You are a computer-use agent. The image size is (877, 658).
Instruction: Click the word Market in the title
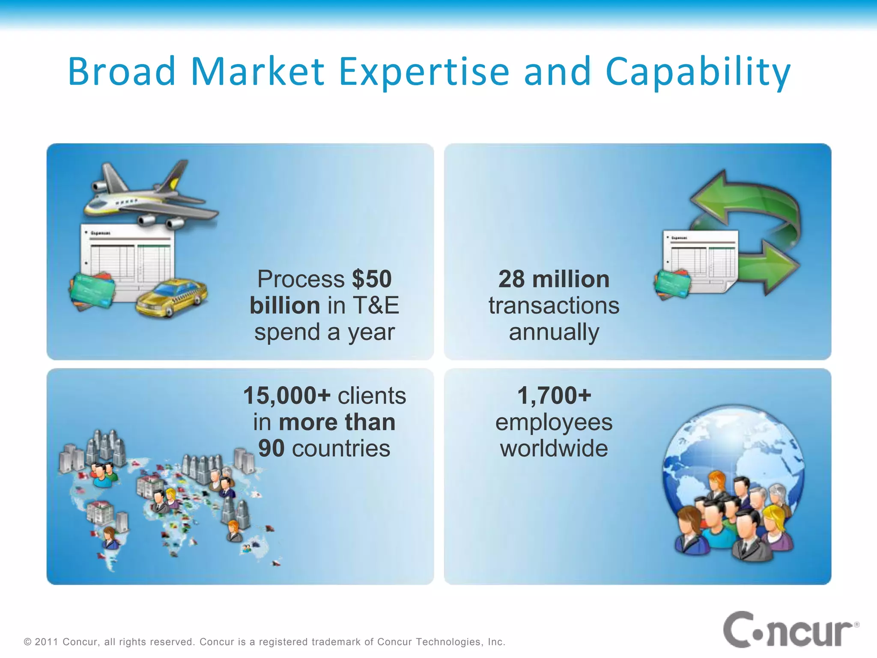[257, 72]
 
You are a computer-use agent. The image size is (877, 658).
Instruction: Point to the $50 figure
[372, 279]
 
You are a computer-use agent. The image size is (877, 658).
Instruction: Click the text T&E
[376, 305]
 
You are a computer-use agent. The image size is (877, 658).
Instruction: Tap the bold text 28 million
[554, 279]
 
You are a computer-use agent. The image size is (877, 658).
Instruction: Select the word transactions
[554, 306]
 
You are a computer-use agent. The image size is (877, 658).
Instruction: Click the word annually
[554, 332]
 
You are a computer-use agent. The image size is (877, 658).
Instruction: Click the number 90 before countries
[271, 449]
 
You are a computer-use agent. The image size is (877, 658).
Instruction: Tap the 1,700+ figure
[554, 395]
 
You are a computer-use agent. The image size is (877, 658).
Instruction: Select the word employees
[554, 422]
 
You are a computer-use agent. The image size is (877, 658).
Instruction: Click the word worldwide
[554, 449]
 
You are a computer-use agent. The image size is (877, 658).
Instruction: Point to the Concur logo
[790, 630]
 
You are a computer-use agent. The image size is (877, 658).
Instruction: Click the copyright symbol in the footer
[28, 642]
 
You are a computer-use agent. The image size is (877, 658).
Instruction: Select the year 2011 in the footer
[46, 642]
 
